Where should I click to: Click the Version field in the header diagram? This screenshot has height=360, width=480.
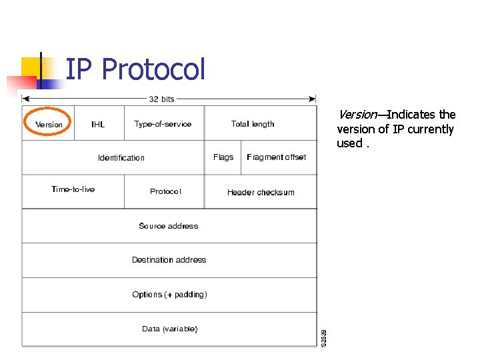click(x=49, y=124)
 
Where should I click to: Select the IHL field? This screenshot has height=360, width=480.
click(x=98, y=124)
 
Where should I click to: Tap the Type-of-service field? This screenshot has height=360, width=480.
click(x=163, y=124)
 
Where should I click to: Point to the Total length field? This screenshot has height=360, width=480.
click(x=253, y=124)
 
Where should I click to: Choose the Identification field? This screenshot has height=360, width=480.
click(x=121, y=158)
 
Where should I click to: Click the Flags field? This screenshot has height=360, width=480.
click(x=223, y=157)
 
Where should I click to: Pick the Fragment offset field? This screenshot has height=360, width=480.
click(x=277, y=157)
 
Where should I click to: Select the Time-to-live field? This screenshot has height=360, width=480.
click(x=73, y=189)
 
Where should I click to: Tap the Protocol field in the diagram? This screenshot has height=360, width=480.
click(x=165, y=191)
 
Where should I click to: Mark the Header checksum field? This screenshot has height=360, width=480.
click(x=261, y=192)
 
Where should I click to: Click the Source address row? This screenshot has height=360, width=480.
click(x=169, y=226)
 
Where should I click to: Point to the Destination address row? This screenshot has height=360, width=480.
click(x=169, y=260)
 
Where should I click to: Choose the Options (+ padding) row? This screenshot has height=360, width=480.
click(x=169, y=295)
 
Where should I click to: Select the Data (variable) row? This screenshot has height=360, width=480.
click(x=169, y=329)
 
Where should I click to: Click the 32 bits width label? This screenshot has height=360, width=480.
click(x=161, y=99)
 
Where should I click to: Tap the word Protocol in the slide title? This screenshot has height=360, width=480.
click(x=154, y=69)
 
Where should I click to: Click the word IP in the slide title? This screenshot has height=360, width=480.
click(x=79, y=69)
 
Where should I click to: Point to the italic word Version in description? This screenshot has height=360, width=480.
click(x=357, y=115)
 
